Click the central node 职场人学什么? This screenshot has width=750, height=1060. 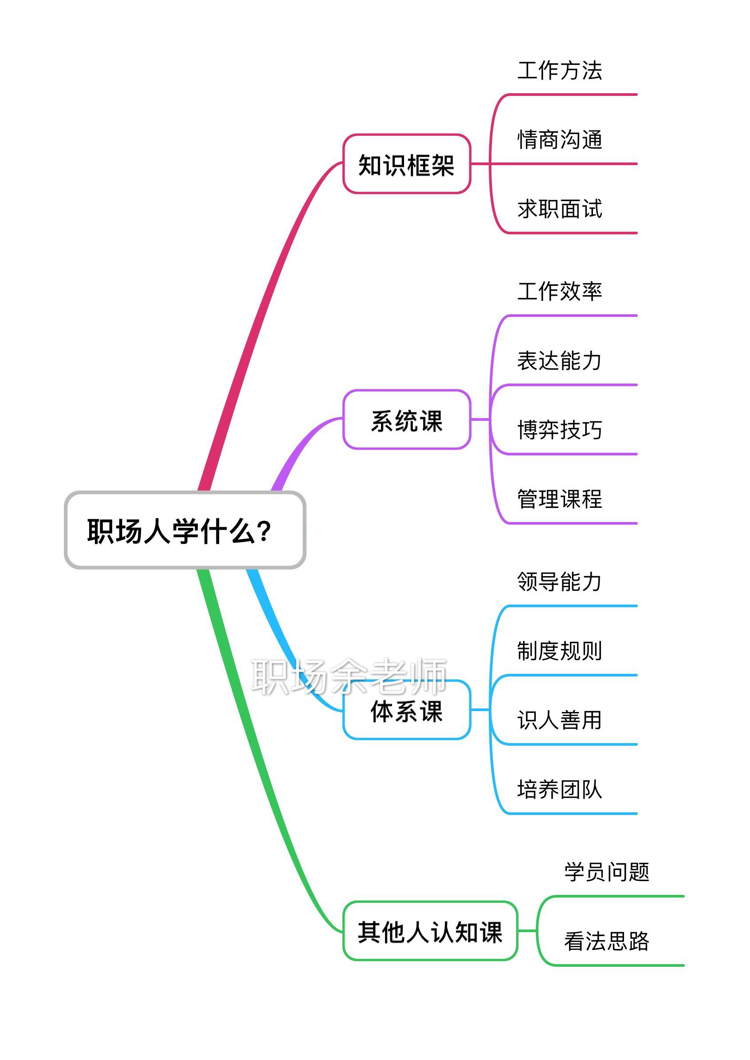point(185,530)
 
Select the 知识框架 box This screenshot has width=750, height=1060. point(406,164)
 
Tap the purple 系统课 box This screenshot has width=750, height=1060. point(406,419)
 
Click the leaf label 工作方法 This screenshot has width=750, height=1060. point(560,71)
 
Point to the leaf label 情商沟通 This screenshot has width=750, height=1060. point(560,139)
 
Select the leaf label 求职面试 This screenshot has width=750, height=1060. point(560,209)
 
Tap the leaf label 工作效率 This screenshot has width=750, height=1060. point(560,291)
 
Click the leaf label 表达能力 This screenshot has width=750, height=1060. point(560,360)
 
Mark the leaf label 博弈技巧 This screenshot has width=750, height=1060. point(560,430)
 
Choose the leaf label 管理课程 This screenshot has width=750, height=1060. point(560,499)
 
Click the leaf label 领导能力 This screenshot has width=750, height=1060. point(560,581)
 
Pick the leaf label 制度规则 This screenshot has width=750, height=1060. point(560,651)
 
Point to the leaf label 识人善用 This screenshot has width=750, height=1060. point(560,720)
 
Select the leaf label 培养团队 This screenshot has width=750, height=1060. point(560,789)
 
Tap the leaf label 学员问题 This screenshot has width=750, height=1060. point(607,871)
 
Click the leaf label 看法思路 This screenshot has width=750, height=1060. point(607,941)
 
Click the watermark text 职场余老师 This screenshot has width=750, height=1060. point(349,676)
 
